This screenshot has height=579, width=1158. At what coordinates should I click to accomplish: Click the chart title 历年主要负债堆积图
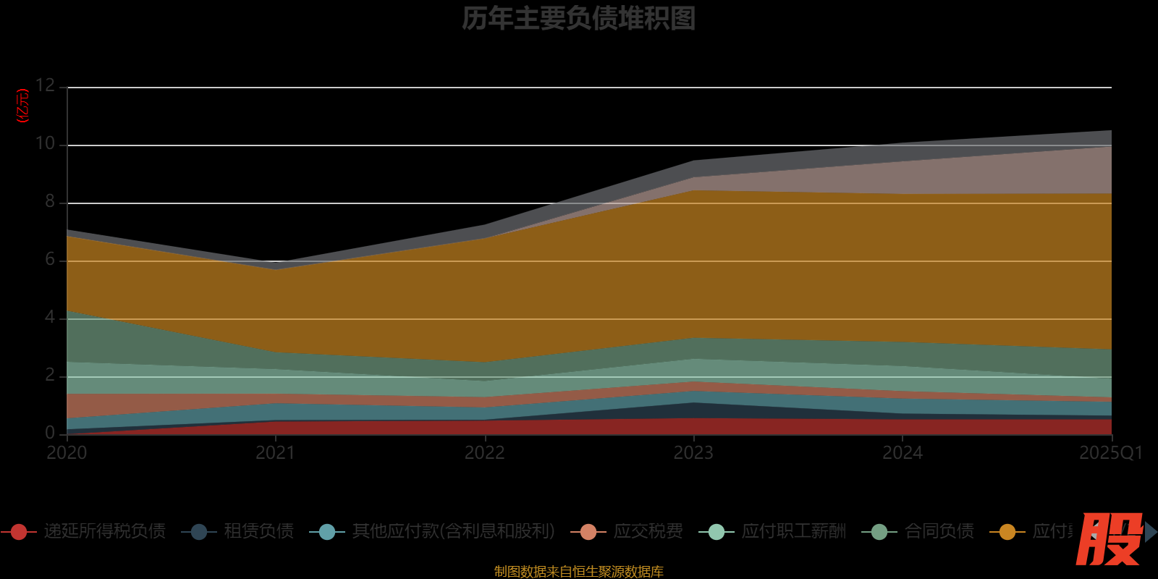578,19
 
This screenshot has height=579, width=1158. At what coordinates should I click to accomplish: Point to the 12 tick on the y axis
45,85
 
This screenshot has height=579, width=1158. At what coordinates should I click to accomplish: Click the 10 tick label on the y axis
45,143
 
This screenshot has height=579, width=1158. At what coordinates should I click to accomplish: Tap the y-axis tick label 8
50,201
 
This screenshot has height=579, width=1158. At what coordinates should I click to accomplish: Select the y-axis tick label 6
50,259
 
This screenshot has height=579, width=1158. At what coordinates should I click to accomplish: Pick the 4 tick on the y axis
50,317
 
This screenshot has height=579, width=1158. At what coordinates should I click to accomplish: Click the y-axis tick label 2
50,375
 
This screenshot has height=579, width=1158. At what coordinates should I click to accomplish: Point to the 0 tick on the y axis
50,433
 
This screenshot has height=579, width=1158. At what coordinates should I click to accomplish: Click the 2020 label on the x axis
67,453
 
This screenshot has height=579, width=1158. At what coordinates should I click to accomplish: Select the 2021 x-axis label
275,453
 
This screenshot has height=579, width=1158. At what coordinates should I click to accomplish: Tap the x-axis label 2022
484,453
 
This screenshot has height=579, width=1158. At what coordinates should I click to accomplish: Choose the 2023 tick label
693,453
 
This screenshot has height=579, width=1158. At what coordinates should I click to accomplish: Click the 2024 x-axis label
902,453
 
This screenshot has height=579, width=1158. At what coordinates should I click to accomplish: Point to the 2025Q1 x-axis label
1110,453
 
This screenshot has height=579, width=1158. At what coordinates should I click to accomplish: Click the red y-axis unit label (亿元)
23,106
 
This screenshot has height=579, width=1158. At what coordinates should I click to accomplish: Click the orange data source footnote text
578,572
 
